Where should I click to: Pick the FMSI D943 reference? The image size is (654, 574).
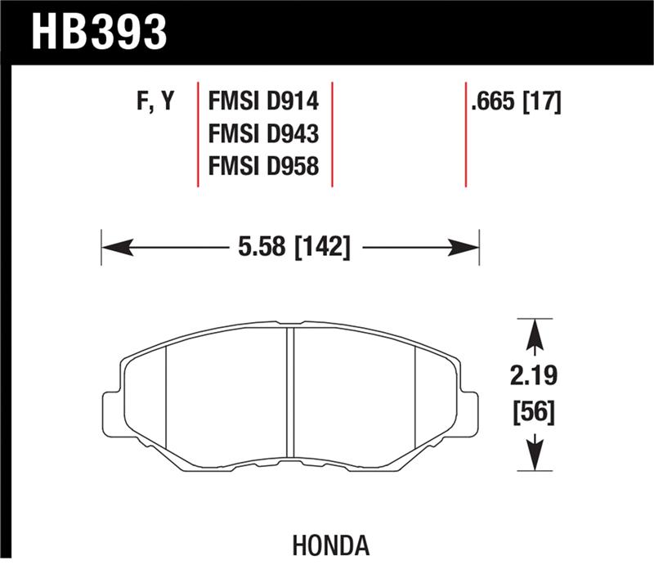coord(263,135)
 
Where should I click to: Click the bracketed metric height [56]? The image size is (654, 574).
coord(534,413)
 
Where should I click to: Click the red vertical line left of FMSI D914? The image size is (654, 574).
coord(199,134)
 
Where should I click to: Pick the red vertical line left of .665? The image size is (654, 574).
coord(466,134)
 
